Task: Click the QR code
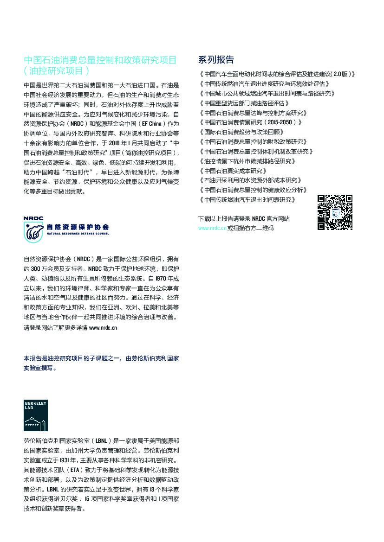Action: coord(335,212)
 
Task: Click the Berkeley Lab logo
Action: coord(36,415)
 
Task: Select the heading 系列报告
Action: coord(216,60)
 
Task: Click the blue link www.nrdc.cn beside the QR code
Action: coord(212,228)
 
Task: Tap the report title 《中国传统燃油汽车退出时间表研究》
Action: coord(247,199)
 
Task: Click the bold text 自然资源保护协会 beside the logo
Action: coord(78,227)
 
